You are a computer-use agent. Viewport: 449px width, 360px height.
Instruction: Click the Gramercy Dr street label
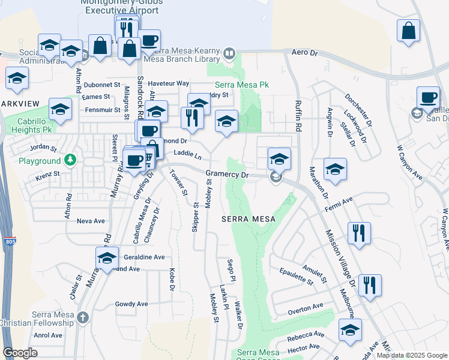point(227,175)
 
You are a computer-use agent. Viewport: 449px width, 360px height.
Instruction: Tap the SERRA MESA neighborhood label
point(249,219)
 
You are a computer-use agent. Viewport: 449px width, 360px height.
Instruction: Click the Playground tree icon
point(71,160)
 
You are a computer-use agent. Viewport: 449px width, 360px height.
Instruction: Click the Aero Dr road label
point(304,53)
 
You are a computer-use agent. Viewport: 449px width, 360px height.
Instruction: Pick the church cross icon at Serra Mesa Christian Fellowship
point(83,317)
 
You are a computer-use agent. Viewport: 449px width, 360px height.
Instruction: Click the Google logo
point(20,353)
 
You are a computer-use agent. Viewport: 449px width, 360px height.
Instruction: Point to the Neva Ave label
point(91,221)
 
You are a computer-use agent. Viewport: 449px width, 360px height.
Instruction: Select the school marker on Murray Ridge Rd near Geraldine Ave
point(107,259)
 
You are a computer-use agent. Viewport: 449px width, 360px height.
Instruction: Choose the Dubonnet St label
point(102,85)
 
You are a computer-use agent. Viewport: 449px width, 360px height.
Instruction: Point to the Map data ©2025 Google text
point(411,355)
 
